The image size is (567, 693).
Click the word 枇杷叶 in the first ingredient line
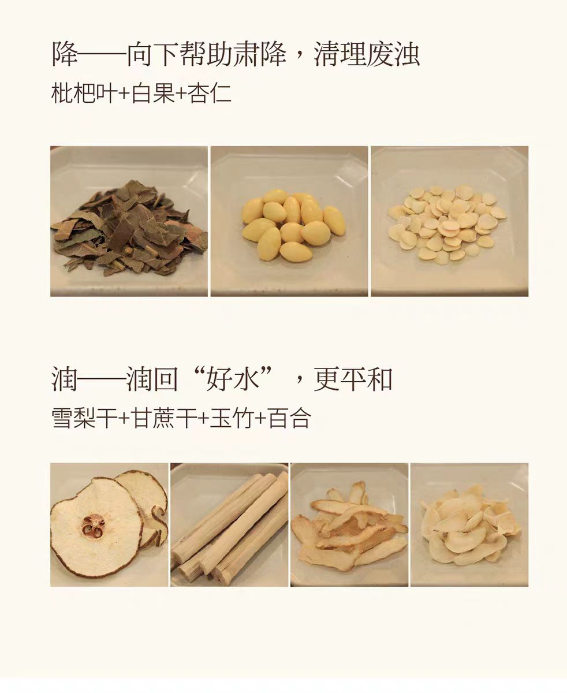pos(84,94)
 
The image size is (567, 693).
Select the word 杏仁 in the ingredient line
pos(210,94)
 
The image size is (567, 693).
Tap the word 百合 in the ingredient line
pos(289,418)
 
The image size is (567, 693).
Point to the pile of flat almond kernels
pos(447,224)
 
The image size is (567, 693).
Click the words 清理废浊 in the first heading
pos(367,54)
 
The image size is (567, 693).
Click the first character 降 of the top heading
pos(65,54)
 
